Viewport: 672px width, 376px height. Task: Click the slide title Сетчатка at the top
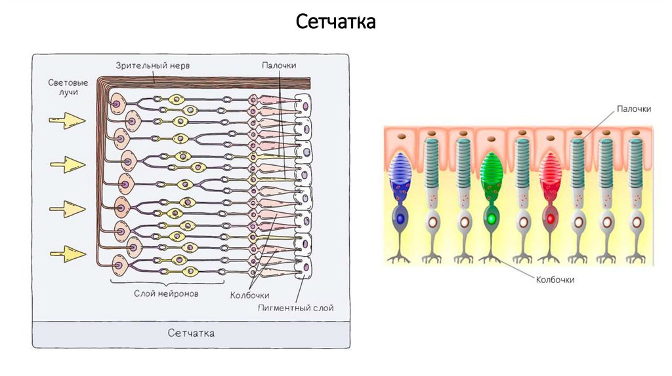click(335, 22)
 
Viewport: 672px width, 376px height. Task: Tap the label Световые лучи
click(68, 88)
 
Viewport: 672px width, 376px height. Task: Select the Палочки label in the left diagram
click(279, 66)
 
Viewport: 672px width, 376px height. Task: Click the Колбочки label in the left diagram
click(249, 295)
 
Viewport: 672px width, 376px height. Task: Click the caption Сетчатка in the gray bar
click(191, 333)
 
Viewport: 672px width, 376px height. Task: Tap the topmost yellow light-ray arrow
click(68, 120)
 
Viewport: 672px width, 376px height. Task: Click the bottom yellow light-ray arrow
click(68, 252)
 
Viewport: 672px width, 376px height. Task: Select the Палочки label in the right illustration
click(633, 109)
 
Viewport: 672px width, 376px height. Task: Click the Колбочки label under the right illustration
click(555, 280)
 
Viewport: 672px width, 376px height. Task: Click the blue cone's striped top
click(400, 168)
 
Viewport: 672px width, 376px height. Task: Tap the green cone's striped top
click(490, 168)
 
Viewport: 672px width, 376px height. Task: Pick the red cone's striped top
click(549, 168)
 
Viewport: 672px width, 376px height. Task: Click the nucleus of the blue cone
click(400, 217)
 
